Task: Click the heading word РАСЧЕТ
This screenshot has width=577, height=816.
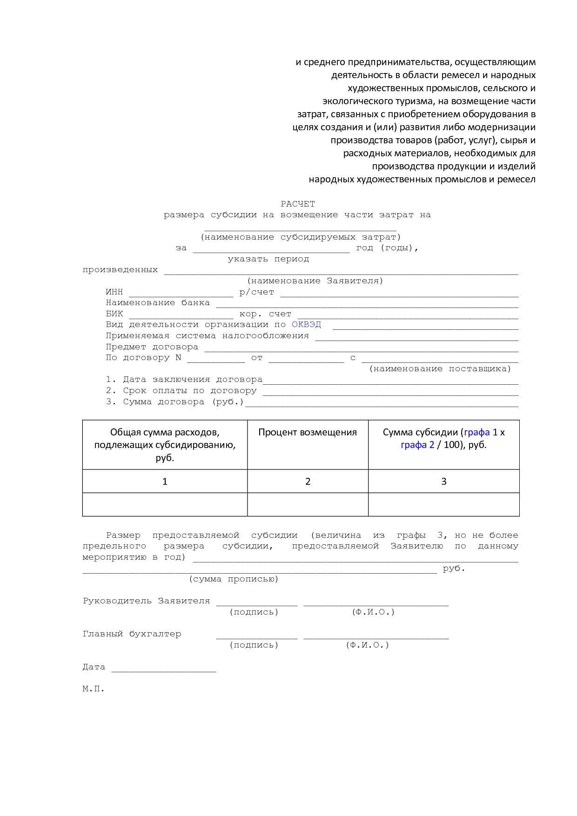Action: pos(298,204)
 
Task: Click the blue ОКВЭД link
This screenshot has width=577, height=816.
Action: pos(306,325)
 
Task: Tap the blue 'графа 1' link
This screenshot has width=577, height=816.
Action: pos(481,432)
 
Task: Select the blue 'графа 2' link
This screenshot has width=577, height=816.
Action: pos(417,445)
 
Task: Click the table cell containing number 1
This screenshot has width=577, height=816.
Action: pos(165,482)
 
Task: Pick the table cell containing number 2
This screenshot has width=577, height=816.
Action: pos(308,482)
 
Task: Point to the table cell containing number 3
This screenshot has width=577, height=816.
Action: pos(443,482)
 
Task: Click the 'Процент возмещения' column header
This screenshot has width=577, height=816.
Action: pos(308,433)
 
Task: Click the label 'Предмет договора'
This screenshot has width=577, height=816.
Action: pos(152,347)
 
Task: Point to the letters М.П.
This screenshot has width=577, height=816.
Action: pos(94,689)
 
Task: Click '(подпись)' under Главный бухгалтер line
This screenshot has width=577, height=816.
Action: pos(254,645)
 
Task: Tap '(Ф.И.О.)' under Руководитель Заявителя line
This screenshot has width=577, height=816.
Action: pos(373,612)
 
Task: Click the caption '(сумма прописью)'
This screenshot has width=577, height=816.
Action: pos(234,579)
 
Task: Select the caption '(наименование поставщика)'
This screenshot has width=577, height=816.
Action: pos(440,369)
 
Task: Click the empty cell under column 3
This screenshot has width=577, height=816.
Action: pos(443,505)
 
